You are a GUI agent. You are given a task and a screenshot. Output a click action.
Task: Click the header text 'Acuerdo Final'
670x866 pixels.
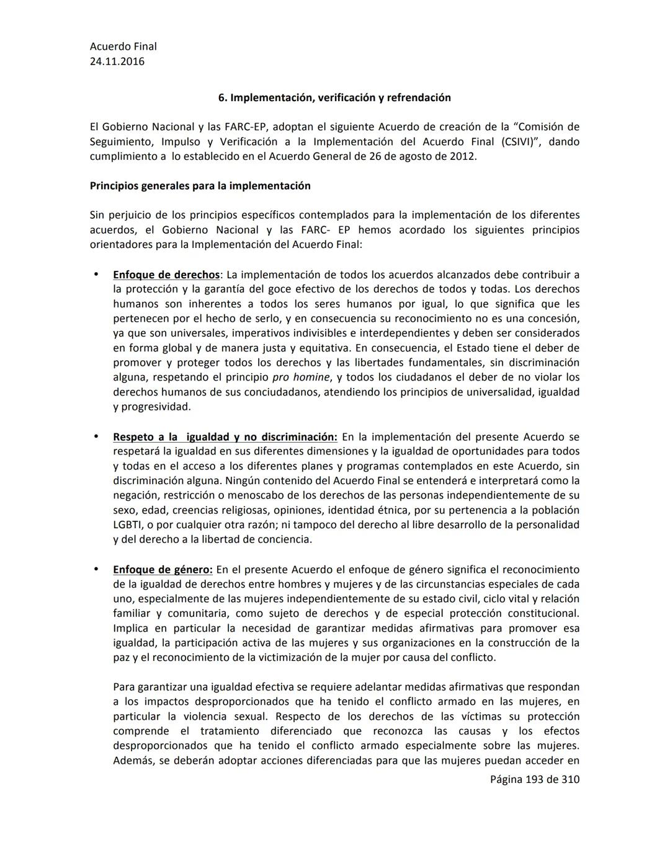pos(123,46)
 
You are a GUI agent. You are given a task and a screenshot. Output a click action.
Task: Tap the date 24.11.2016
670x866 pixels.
pos(117,61)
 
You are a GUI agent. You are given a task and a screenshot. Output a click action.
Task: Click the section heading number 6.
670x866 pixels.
pos(221,97)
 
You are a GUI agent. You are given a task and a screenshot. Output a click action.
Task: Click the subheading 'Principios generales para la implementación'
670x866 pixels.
pos(200,186)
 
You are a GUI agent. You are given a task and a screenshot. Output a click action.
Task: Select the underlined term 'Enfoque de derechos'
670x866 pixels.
pos(166,275)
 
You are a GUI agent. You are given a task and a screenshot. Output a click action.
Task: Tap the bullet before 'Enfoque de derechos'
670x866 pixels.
pos(96,274)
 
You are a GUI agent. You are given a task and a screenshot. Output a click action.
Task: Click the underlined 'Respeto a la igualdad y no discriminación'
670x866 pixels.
pos(225,437)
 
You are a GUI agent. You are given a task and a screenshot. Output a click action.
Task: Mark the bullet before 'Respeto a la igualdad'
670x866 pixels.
pos(96,436)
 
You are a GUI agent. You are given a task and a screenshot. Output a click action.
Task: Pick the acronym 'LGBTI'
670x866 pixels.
pos(128,525)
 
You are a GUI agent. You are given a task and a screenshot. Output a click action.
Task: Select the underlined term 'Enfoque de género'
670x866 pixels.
pos(163,570)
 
